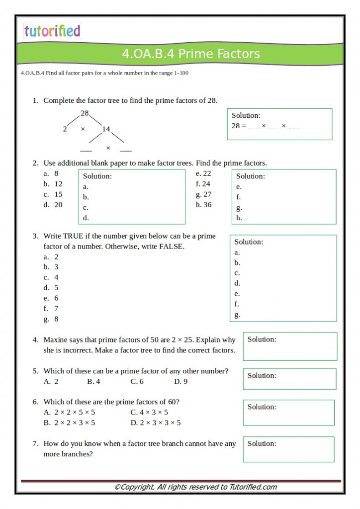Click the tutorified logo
52,31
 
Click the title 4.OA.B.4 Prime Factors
191,54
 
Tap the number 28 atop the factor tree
85,113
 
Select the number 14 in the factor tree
106,129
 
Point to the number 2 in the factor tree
65,129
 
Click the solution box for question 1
279,124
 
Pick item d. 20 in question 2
53,205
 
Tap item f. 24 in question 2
203,184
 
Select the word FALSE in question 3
172,247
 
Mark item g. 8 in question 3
51,319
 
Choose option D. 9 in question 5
180,382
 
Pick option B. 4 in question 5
93,382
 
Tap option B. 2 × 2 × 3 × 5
69,423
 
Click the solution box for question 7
288,449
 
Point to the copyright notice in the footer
195,487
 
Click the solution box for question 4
290,346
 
